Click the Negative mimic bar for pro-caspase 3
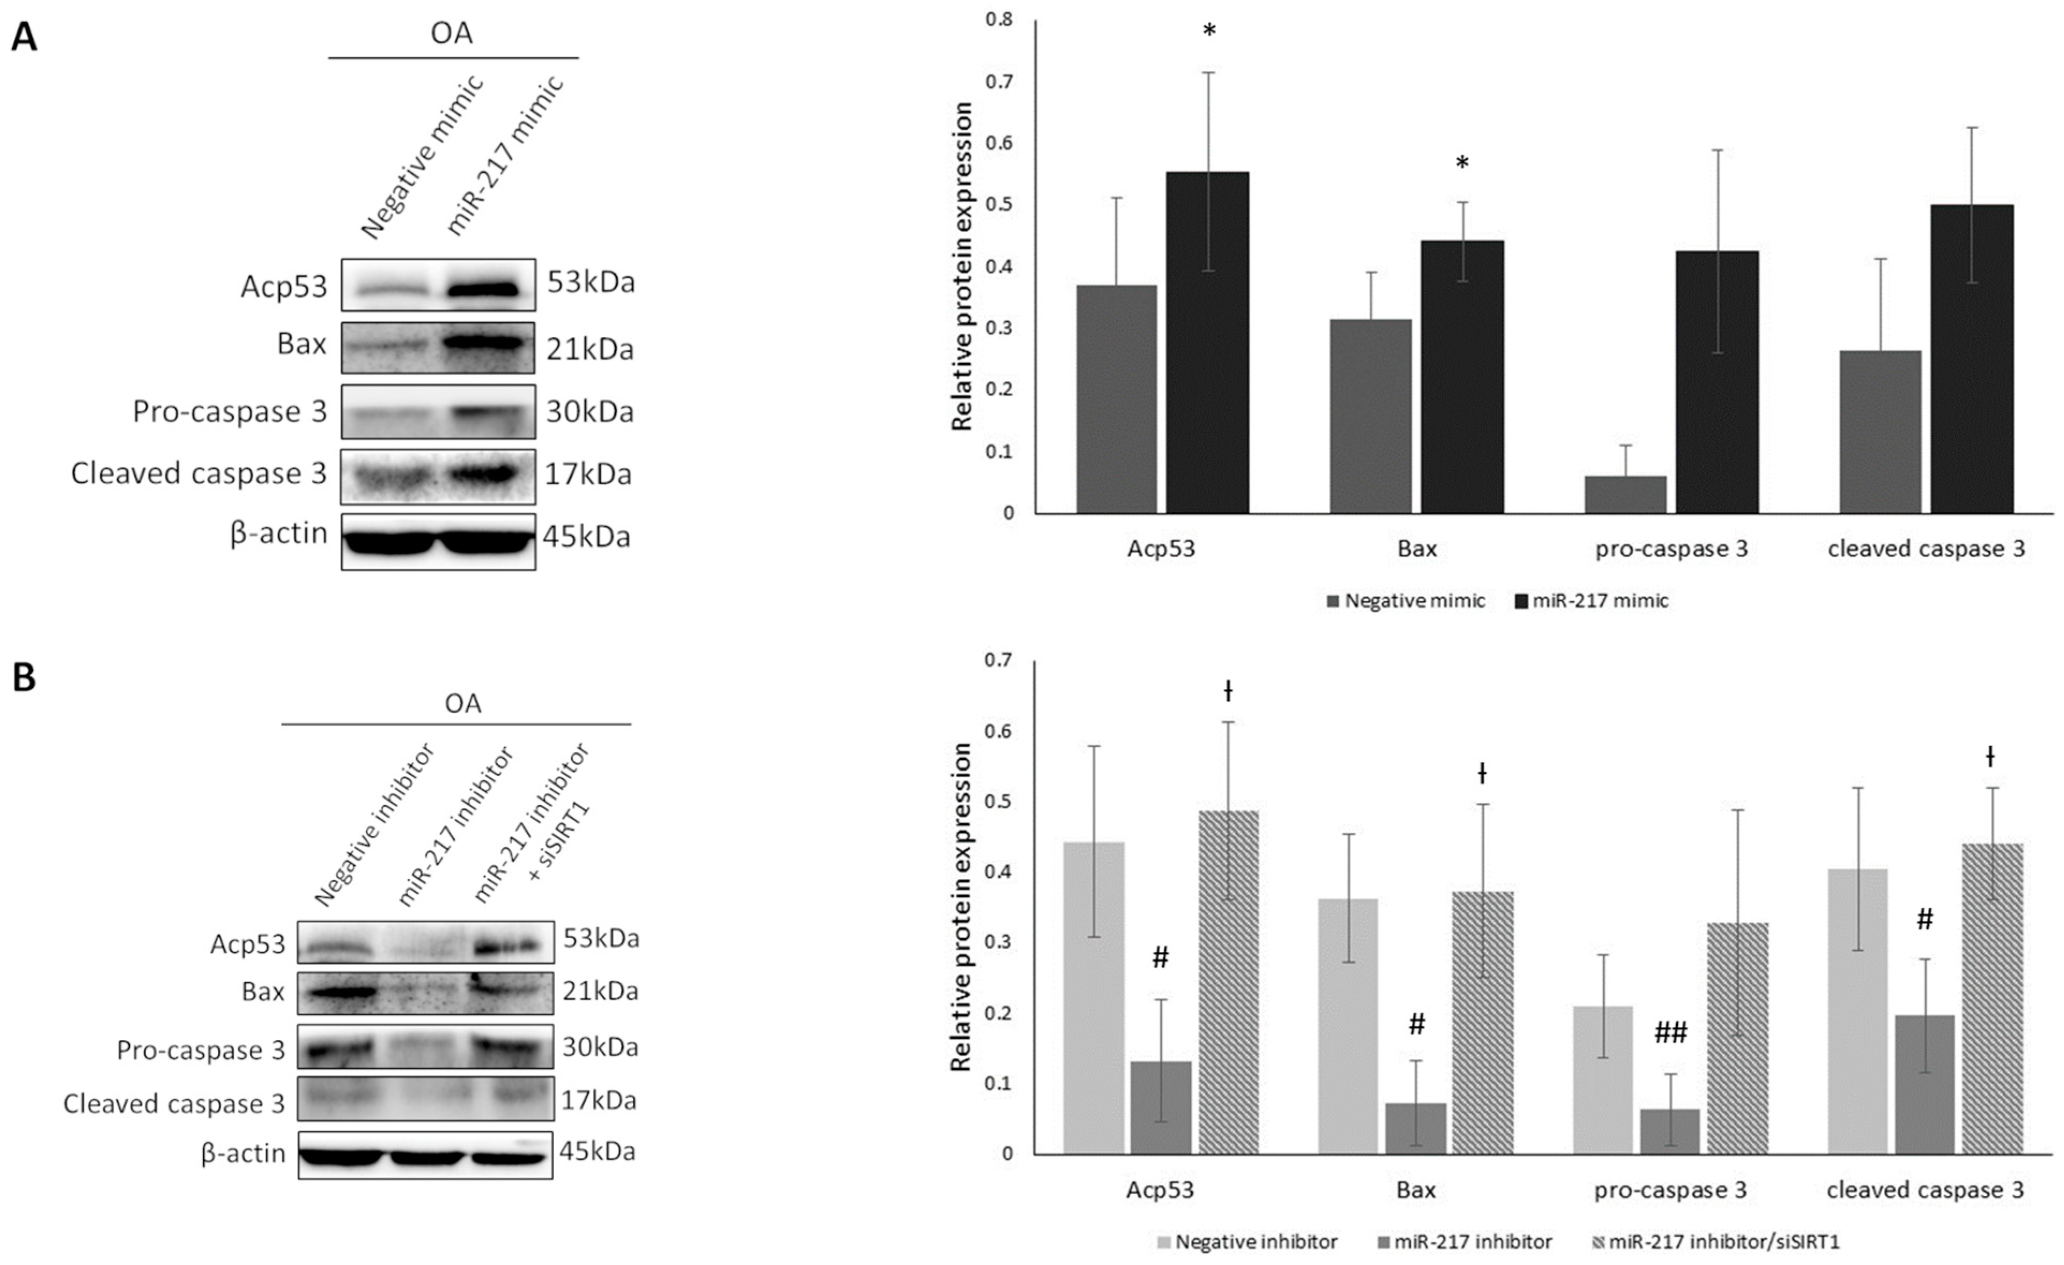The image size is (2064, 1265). [1625, 495]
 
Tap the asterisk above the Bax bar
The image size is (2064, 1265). [1462, 163]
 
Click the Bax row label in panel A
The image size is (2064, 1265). [301, 344]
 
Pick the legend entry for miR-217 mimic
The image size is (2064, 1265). [1591, 600]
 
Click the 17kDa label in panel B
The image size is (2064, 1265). [598, 1099]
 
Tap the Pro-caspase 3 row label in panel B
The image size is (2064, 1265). [201, 1051]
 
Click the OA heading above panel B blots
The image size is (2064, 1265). [462, 703]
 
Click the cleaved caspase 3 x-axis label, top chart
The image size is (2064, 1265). [1926, 549]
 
